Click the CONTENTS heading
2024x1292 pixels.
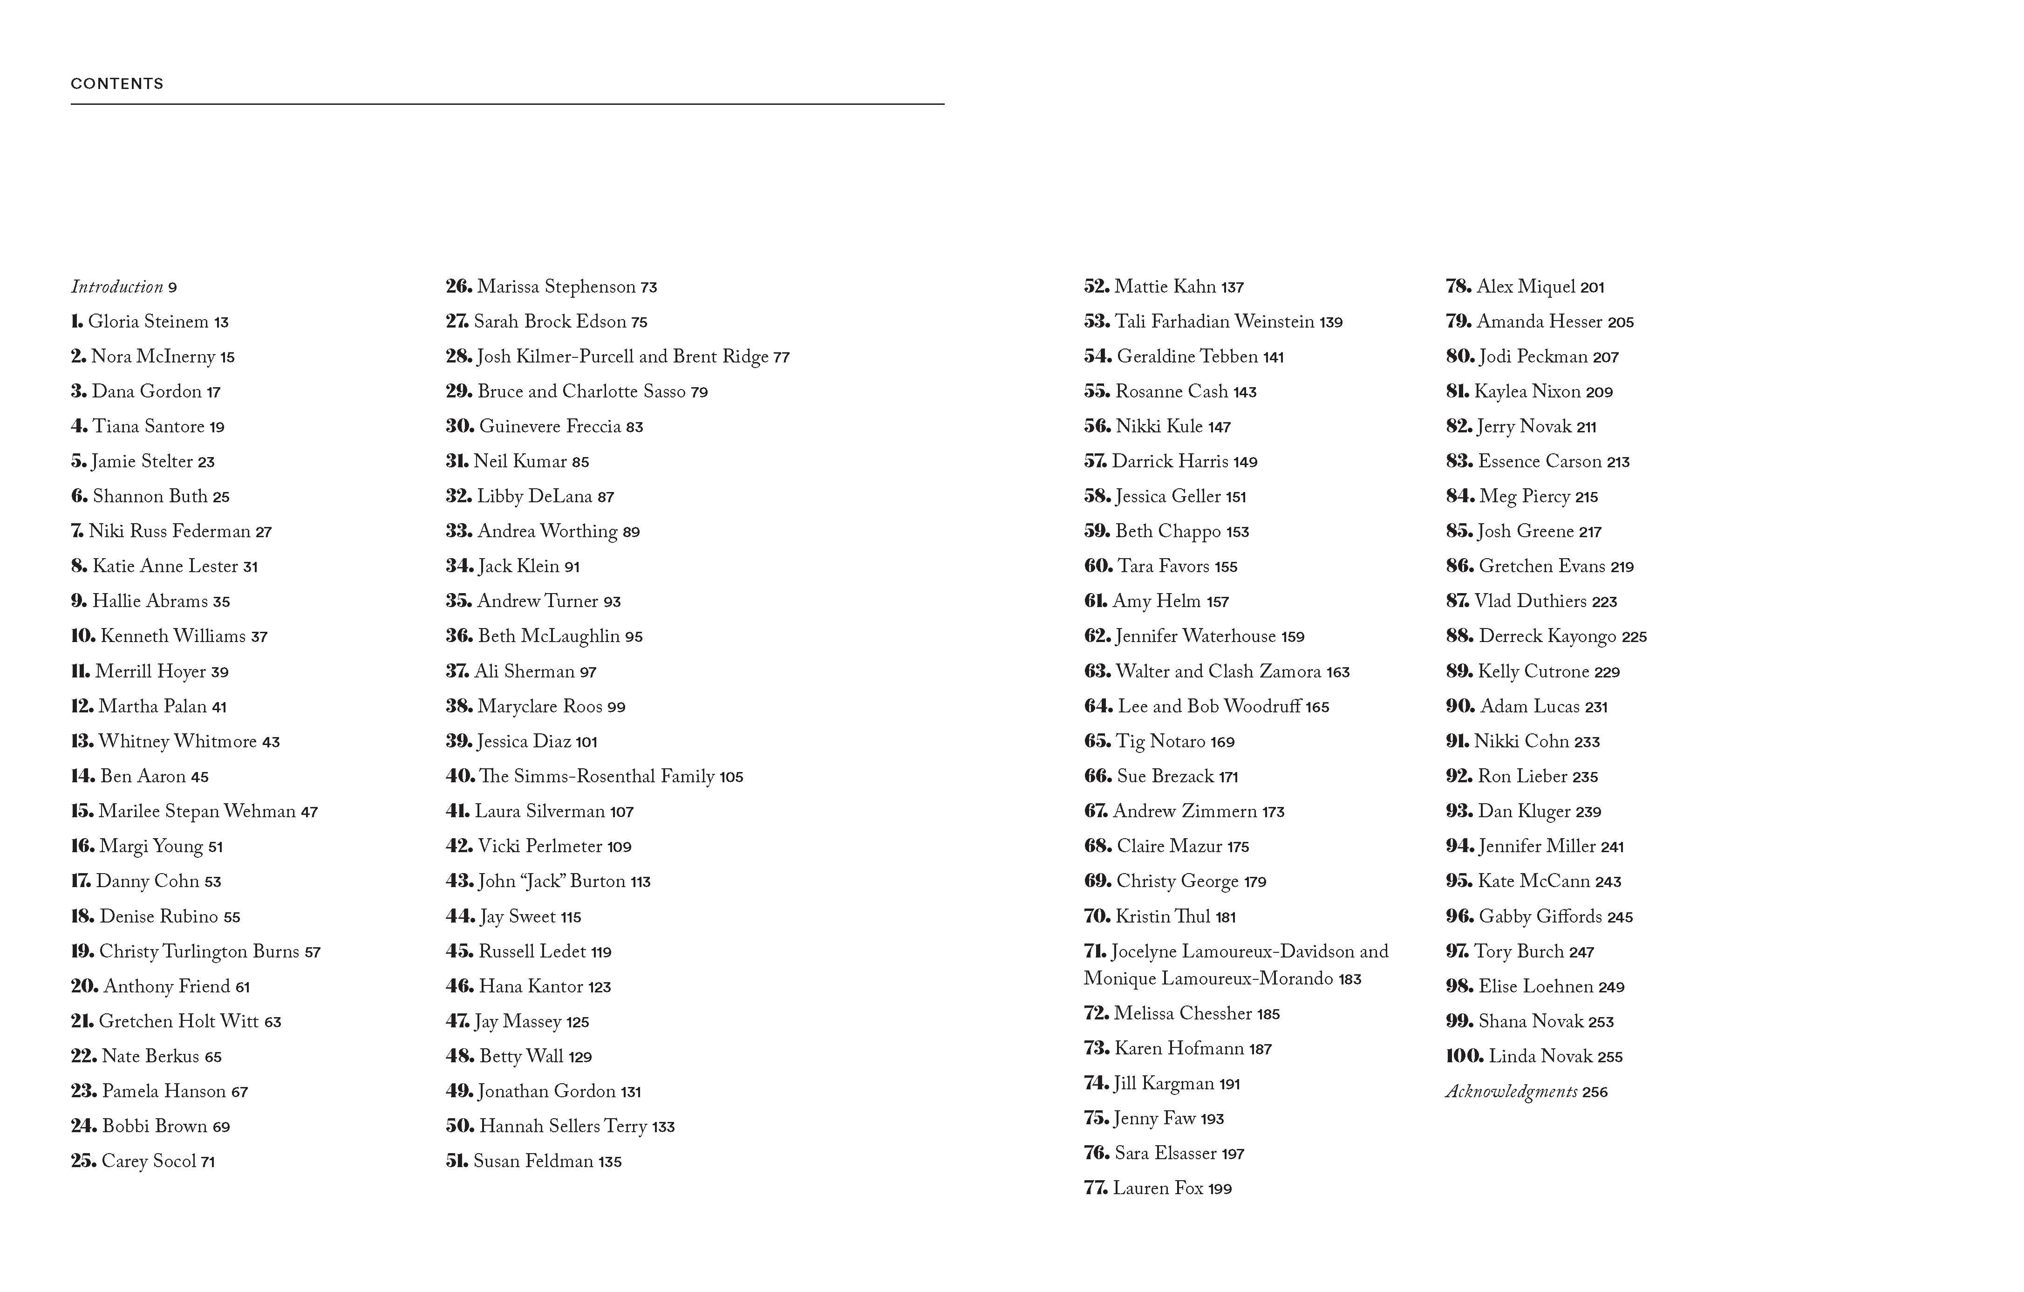tap(117, 83)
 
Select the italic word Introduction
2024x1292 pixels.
tap(117, 287)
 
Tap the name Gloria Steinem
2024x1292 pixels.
tap(148, 322)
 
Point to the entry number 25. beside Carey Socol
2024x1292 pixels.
tap(83, 1161)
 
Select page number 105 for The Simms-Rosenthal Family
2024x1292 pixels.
tap(731, 777)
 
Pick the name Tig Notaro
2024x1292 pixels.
tap(1160, 741)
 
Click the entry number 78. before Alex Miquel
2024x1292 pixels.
tap(1458, 287)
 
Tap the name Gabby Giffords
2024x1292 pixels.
tap(1540, 916)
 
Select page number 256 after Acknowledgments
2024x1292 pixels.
tap(1595, 1093)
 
